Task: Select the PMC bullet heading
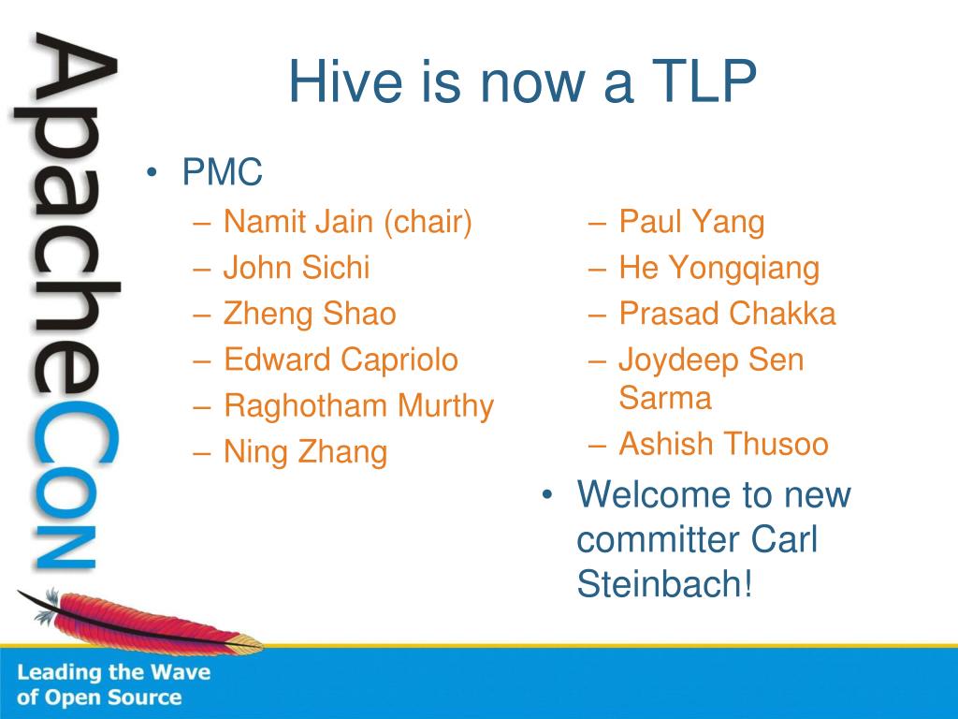click(x=222, y=172)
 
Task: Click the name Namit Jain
click(x=298, y=221)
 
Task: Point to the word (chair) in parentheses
click(x=428, y=222)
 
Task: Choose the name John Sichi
click(x=297, y=267)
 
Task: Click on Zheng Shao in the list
click(x=310, y=315)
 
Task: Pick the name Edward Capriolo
click(x=341, y=359)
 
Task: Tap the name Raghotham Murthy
click(x=358, y=406)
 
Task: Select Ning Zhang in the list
click(x=306, y=452)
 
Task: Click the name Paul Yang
click(x=691, y=222)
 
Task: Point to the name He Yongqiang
click(x=719, y=269)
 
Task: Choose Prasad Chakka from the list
click(x=727, y=314)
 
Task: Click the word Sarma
click(x=665, y=398)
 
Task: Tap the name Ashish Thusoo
click(x=723, y=444)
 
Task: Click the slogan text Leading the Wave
click(x=113, y=672)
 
